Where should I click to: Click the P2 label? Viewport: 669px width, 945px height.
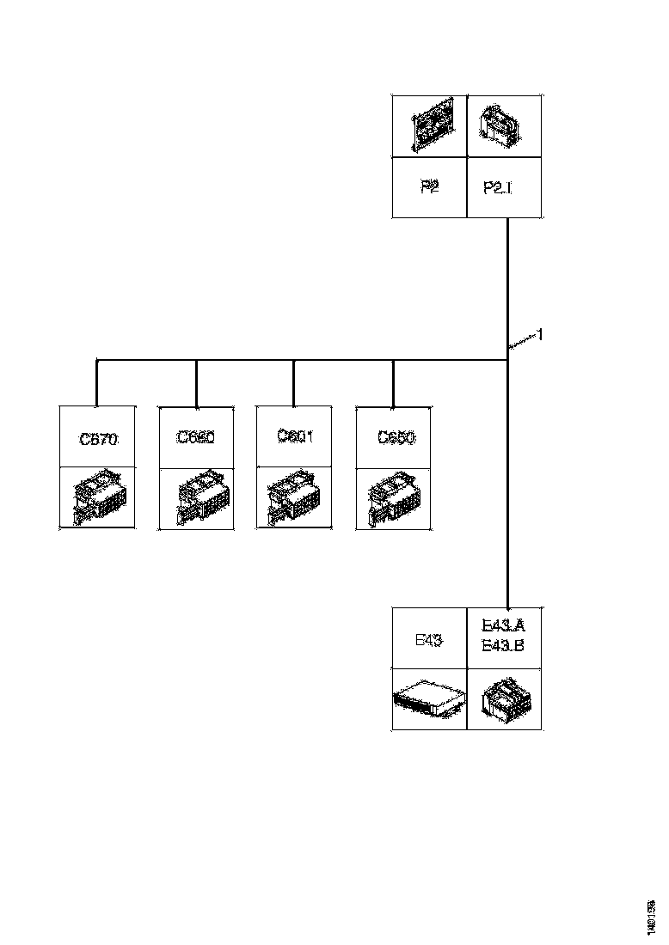click(429, 187)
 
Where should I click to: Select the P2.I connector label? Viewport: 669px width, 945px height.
click(498, 188)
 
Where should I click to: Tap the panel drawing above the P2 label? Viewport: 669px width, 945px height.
click(429, 127)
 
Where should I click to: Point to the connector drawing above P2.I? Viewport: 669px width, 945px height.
click(504, 127)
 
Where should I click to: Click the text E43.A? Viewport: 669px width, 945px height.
click(503, 628)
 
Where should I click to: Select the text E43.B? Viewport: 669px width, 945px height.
click(503, 646)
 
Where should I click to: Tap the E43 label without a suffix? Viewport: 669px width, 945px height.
click(428, 639)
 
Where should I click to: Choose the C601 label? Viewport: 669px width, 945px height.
click(295, 436)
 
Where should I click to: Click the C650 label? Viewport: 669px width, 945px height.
click(396, 438)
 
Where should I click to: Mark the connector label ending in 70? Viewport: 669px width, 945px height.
click(97, 439)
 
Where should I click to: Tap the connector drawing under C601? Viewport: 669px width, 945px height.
click(295, 498)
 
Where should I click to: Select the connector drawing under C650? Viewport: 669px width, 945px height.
click(394, 498)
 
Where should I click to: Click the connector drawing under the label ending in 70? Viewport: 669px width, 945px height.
click(97, 498)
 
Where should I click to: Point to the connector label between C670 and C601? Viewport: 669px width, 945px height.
click(196, 437)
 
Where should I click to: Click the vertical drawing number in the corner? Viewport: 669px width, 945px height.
click(653, 917)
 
